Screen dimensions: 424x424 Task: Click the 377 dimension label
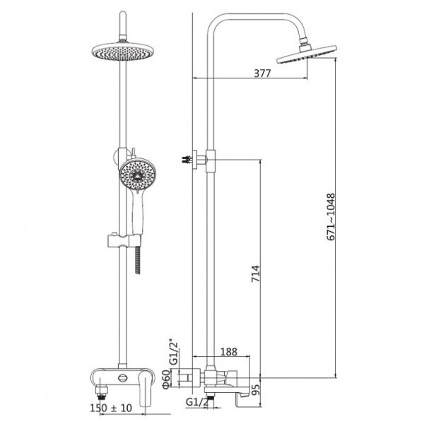coord(262,73)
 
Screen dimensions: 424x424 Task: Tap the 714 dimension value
coord(256,273)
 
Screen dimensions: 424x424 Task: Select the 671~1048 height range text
coord(331,217)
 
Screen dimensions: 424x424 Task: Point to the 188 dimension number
coord(229,352)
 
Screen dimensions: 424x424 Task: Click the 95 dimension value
coord(256,389)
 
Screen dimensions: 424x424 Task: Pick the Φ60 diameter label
coord(166,379)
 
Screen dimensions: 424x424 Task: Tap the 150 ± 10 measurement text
coord(111,408)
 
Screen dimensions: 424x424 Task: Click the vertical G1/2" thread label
coord(175,351)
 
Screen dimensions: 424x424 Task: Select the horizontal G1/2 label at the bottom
coord(197,402)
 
